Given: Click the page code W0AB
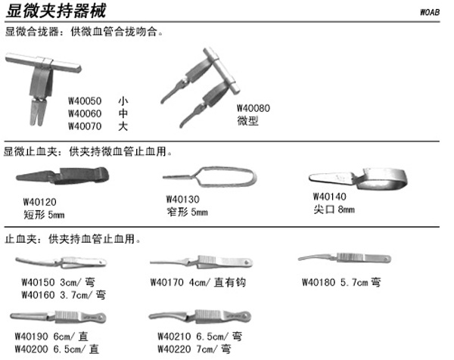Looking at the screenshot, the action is click(430, 12).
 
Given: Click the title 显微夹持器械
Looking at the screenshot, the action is click(56, 11).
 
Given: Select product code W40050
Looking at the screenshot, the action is click(85, 101).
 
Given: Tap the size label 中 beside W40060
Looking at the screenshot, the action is click(123, 113).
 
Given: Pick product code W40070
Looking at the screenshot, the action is click(85, 126).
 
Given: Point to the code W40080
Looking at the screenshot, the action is click(253, 108).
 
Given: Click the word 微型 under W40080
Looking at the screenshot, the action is click(248, 120).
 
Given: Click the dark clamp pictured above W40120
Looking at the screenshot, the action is click(63, 175).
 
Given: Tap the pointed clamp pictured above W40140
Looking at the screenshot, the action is click(358, 179).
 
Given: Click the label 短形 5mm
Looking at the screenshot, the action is click(44, 215).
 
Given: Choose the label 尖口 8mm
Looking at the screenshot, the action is click(334, 209).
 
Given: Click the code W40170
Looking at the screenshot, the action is click(167, 282).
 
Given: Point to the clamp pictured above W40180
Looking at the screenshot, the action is click(344, 258).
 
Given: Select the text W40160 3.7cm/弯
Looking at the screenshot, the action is click(64, 295).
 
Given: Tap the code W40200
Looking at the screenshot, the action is click(32, 349).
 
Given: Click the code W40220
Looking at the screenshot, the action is click(174, 349).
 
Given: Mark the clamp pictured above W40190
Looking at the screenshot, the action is click(58, 317).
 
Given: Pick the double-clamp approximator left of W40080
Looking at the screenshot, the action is click(201, 88).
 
